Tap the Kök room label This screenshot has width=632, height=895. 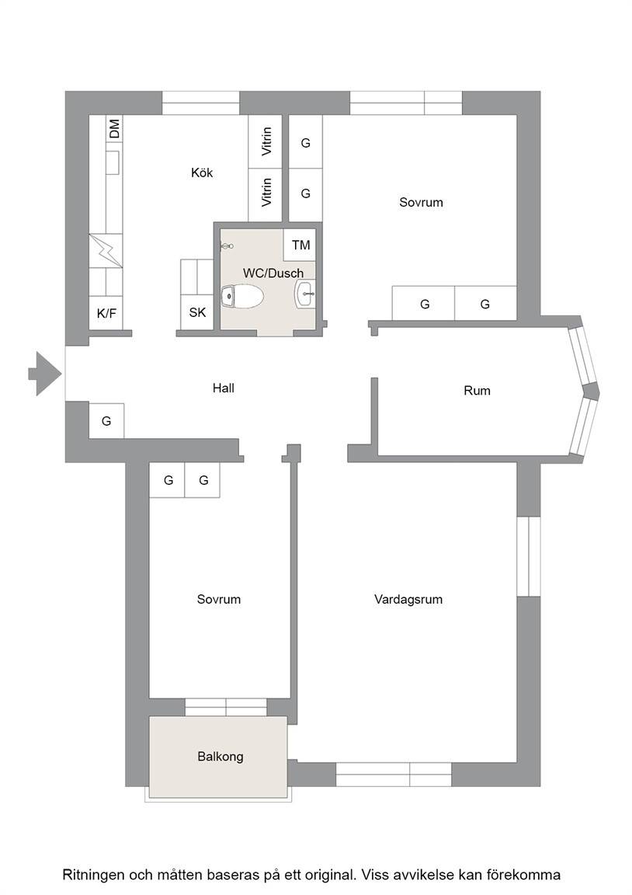(202, 172)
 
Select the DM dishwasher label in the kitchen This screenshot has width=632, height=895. (115, 128)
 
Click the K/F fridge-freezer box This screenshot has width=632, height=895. (106, 313)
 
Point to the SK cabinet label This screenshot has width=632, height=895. (197, 312)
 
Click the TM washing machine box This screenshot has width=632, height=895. (300, 245)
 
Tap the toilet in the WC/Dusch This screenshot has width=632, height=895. (241, 297)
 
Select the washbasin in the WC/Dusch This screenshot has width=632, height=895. (305, 294)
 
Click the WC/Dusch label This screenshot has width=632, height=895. (273, 273)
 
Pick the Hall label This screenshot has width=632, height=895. (224, 388)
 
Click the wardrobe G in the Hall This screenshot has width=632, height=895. (106, 421)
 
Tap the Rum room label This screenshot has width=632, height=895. (477, 391)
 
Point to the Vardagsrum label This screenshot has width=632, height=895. (408, 599)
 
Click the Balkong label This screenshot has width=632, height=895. (221, 756)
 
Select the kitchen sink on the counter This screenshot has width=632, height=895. (112, 162)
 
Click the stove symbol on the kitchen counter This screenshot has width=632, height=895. (106, 250)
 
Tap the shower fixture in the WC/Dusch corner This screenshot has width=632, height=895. (227, 246)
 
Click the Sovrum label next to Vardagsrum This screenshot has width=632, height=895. (219, 599)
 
